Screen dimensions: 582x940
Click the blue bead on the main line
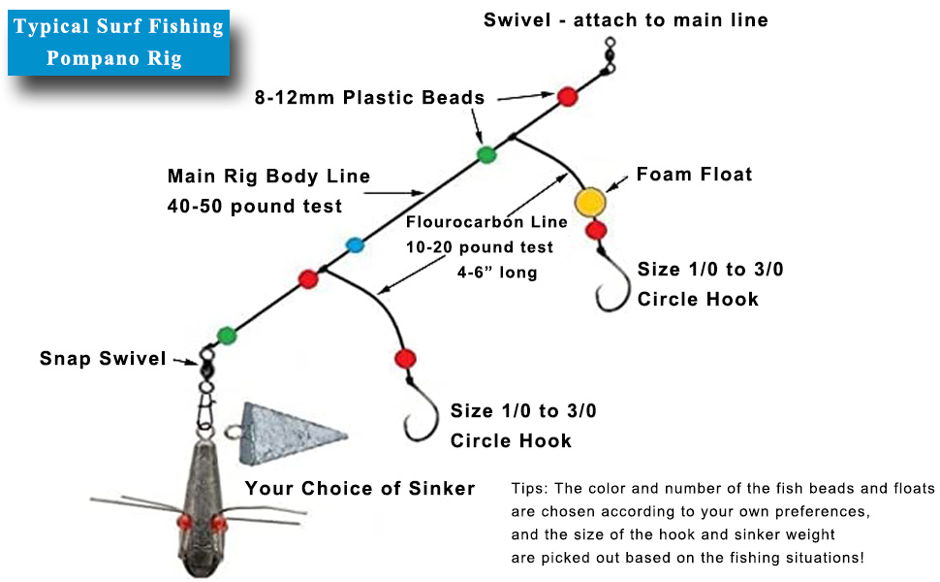tap(355, 244)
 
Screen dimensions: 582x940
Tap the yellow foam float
tap(590, 202)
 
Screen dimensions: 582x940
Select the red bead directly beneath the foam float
tap(596, 230)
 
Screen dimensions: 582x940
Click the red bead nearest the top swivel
tap(567, 95)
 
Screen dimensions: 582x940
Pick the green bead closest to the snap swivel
tap(227, 335)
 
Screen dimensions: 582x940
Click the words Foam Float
tap(694, 175)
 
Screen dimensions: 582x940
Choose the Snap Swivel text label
tap(104, 359)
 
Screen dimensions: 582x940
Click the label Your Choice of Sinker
tap(360, 488)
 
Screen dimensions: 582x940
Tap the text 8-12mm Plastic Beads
tap(368, 98)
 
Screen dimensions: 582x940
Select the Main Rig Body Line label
tap(268, 177)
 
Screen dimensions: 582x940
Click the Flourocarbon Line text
tap(486, 222)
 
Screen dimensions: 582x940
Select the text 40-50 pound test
tap(255, 206)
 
